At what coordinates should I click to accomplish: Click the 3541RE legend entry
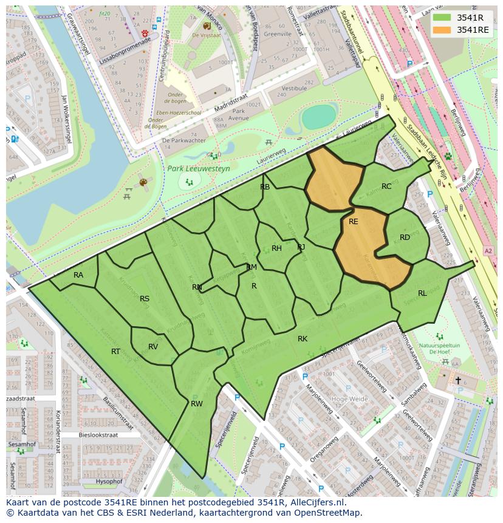[461, 30]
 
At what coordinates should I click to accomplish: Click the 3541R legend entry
[461, 18]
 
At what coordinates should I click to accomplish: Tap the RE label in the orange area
[354, 222]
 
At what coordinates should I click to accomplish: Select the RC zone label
[386, 186]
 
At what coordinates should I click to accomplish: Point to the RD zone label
[405, 238]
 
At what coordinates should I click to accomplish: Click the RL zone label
[422, 293]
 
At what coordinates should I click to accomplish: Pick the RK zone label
[303, 339]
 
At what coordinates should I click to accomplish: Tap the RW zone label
[196, 403]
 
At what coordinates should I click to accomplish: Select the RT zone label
[115, 352]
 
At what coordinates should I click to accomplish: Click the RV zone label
[153, 347]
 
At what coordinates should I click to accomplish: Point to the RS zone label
[145, 298]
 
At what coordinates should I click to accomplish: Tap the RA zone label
[78, 275]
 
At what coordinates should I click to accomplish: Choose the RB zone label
[265, 187]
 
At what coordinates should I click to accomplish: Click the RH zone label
[276, 248]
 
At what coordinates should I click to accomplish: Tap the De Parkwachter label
[183, 140]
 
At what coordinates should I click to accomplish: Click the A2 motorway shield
[488, 250]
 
